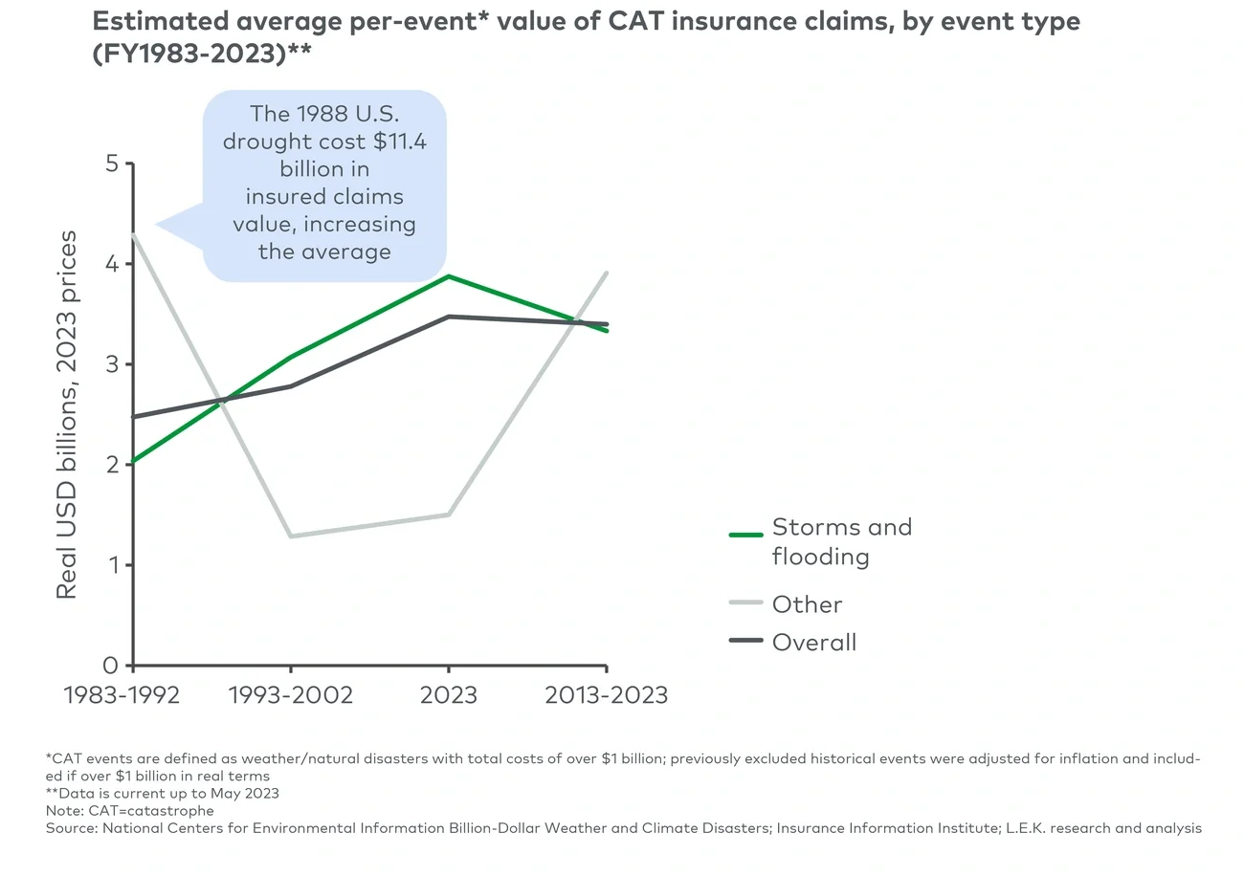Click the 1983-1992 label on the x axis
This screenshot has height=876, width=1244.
(x=122, y=695)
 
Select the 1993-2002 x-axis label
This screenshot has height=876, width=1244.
(x=291, y=695)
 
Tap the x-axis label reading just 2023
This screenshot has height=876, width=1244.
(x=448, y=695)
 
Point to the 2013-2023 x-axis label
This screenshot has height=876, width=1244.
(x=606, y=695)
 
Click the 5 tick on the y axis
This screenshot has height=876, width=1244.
(x=112, y=164)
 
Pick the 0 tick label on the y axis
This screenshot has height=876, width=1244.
(x=112, y=666)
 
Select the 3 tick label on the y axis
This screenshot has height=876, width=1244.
(x=112, y=364)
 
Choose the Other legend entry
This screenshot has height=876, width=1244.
(x=807, y=604)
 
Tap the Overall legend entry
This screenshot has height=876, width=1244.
(x=813, y=643)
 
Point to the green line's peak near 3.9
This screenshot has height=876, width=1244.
(x=448, y=276)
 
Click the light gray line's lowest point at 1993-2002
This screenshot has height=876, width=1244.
(x=291, y=536)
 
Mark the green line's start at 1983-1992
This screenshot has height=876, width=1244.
(x=134, y=461)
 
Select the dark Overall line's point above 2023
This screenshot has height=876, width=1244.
(x=448, y=317)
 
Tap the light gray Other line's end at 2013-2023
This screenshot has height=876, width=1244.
(x=606, y=274)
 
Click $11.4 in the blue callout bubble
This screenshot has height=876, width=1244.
(x=392, y=142)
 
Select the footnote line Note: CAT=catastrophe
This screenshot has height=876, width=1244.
(x=130, y=810)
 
